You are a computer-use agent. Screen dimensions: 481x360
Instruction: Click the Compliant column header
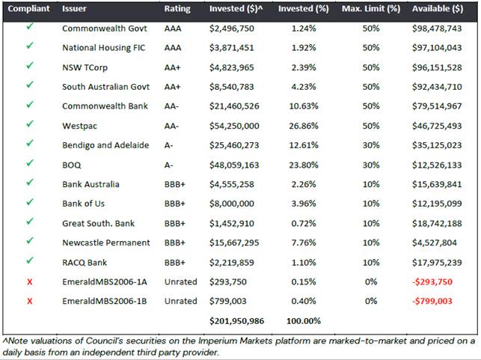pyautogui.click(x=28, y=8)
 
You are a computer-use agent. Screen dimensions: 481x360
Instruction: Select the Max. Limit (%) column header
pyautogui.click(x=371, y=8)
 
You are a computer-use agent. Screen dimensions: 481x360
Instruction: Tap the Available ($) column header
pyautogui.click(x=438, y=8)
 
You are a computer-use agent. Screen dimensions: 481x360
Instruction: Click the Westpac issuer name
pyautogui.click(x=79, y=126)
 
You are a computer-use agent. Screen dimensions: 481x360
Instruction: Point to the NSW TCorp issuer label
pyautogui.click(x=85, y=67)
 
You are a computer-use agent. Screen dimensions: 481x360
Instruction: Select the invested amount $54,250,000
pyautogui.click(x=234, y=126)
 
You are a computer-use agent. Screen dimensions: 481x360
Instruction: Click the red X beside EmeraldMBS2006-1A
pyautogui.click(x=29, y=281)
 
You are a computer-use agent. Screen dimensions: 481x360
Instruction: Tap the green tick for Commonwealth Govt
pyautogui.click(x=29, y=27)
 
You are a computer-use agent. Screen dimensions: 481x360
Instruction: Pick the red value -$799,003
pyautogui.click(x=432, y=301)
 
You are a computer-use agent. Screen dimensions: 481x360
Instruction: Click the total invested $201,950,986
pyautogui.click(x=236, y=321)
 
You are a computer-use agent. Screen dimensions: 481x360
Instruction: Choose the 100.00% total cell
pyautogui.click(x=304, y=321)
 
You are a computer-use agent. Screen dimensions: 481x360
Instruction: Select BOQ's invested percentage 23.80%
pyautogui.click(x=304, y=165)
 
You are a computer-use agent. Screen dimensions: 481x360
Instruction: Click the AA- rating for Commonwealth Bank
pyautogui.click(x=171, y=106)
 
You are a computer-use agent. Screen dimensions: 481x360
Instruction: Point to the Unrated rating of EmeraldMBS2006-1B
pyautogui.click(x=181, y=301)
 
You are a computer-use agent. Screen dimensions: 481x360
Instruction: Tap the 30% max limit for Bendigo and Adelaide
pyautogui.click(x=371, y=145)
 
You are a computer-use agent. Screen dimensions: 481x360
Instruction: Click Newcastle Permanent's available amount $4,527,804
pyautogui.click(x=435, y=242)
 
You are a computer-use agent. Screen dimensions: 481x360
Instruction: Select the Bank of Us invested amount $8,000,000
pyautogui.click(x=232, y=204)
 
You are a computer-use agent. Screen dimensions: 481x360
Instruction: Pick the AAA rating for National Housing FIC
pyautogui.click(x=173, y=48)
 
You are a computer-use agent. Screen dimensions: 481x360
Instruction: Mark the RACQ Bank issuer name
pyautogui.click(x=85, y=263)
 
